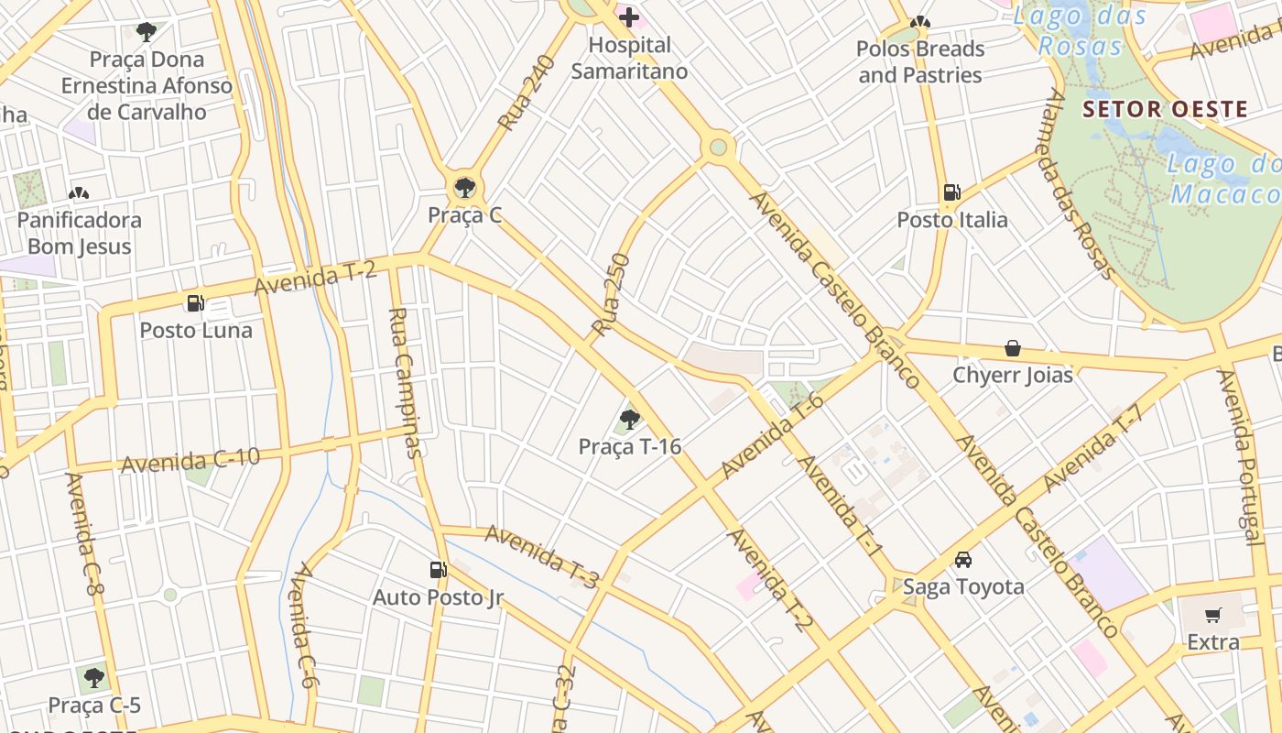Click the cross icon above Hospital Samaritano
[629, 16]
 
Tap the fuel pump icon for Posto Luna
[195, 303]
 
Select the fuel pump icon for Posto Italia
[952, 192]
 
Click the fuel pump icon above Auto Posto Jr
[438, 570]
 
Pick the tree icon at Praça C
[465, 188]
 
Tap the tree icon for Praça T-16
[629, 420]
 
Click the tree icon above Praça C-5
[93, 678]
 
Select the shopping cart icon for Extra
[1213, 616]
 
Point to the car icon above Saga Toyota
[963, 560]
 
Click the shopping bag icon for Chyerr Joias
[1013, 348]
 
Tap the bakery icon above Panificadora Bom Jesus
[79, 193]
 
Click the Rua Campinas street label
[405, 382]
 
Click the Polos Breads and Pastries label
[920, 61]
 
